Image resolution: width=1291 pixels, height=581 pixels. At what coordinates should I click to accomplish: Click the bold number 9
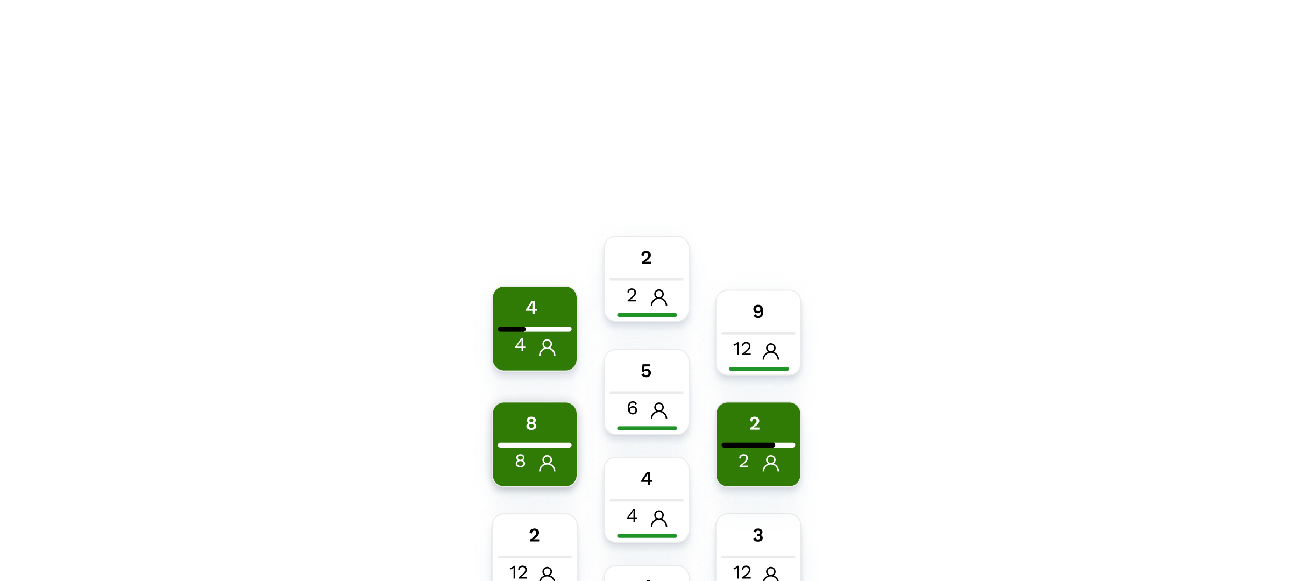[x=758, y=311]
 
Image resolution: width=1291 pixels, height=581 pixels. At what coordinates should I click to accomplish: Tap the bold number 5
[x=646, y=371]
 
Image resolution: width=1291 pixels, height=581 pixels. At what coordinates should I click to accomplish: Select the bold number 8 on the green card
[x=531, y=423]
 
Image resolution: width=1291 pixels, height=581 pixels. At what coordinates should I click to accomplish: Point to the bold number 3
[x=758, y=535]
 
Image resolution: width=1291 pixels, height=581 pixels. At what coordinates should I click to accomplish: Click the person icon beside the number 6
[x=659, y=410]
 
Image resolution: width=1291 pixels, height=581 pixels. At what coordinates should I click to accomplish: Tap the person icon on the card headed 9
[x=771, y=351]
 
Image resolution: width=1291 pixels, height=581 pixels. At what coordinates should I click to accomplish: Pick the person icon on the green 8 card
[x=547, y=463]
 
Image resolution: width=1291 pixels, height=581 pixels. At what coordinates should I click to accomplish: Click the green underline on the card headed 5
[x=647, y=428]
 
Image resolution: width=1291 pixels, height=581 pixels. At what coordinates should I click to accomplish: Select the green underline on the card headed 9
[x=759, y=369]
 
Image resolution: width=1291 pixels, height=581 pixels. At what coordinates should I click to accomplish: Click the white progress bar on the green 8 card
[x=535, y=445]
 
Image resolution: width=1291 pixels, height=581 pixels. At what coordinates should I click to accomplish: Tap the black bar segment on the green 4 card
[x=512, y=329]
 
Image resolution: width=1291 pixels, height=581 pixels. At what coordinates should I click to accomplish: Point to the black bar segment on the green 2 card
[x=748, y=445]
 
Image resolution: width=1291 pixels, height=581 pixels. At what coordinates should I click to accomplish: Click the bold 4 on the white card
[x=646, y=478]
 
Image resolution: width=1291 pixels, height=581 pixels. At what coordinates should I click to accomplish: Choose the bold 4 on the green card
[x=531, y=307]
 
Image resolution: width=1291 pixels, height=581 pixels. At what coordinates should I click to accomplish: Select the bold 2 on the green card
[x=755, y=423]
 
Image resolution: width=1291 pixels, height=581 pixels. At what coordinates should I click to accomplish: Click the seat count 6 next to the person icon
[x=632, y=408]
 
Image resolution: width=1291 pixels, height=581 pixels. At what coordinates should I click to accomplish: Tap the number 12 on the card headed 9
[x=742, y=349]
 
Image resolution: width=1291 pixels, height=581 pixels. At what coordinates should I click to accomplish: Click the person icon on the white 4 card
[x=659, y=518]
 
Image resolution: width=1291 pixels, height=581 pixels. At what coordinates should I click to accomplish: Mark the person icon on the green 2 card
[x=771, y=463]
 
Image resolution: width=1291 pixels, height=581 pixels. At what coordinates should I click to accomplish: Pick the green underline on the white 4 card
[x=647, y=536]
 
